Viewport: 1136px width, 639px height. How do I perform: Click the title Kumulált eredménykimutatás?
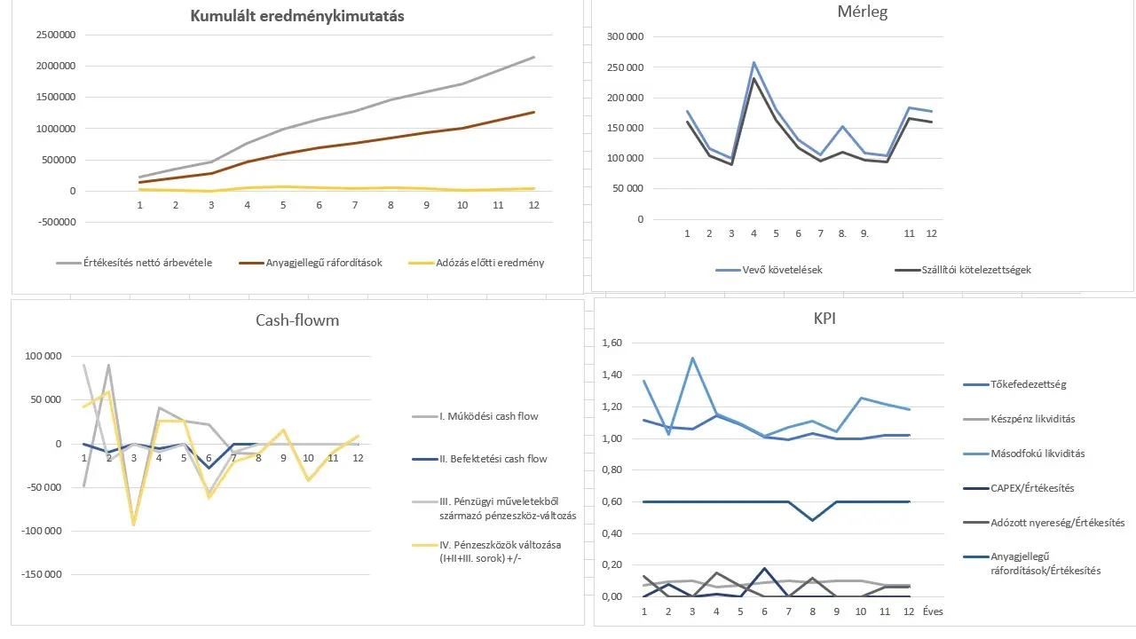tap(297, 16)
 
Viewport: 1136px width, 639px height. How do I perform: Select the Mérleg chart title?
tap(863, 12)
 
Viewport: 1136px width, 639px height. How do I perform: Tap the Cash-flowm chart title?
tap(292, 320)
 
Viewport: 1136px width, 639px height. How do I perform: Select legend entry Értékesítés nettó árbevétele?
tap(147, 263)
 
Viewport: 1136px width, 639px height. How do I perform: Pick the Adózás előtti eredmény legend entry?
tap(490, 263)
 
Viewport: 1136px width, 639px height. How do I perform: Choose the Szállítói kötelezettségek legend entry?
tap(974, 270)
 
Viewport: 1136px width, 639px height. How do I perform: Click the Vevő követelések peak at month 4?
tap(753, 63)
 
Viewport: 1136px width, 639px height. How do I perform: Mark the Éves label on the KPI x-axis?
tap(932, 611)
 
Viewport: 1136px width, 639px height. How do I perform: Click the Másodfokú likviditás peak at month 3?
tap(692, 359)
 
